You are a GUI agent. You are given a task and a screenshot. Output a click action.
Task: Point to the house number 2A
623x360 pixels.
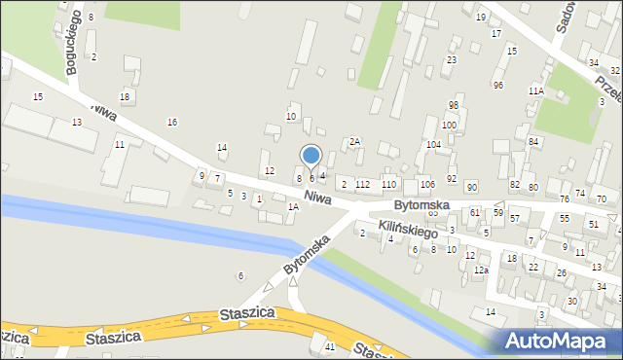pyautogui.click(x=355, y=141)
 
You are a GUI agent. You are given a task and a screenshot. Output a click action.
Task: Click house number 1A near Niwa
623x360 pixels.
pyautogui.click(x=293, y=206)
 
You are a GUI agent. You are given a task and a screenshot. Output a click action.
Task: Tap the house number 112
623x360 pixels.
pyautogui.click(x=362, y=184)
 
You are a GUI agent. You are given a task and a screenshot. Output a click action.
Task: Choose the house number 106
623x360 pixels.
pyautogui.click(x=426, y=185)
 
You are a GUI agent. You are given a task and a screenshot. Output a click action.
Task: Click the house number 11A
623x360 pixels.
pyautogui.click(x=535, y=90)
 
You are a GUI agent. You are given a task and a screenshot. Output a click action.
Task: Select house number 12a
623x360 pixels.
pyautogui.click(x=480, y=270)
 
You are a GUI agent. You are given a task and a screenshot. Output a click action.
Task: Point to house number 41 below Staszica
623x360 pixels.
pyautogui.click(x=330, y=347)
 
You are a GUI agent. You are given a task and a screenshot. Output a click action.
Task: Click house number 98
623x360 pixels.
pyautogui.click(x=453, y=105)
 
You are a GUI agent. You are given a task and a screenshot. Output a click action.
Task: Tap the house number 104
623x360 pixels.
pyautogui.click(x=432, y=144)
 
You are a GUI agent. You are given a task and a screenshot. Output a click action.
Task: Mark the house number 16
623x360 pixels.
pyautogui.click(x=172, y=122)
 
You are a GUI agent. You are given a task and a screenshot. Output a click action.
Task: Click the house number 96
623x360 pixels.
pyautogui.click(x=498, y=86)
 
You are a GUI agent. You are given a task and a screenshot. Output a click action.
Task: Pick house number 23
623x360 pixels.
pyautogui.click(x=452, y=60)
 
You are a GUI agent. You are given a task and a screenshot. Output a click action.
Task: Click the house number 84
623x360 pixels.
pyautogui.click(x=533, y=142)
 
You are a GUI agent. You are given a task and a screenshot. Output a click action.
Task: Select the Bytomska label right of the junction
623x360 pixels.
pyautogui.click(x=421, y=206)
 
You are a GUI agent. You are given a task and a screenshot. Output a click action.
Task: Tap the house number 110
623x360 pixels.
pyautogui.click(x=388, y=184)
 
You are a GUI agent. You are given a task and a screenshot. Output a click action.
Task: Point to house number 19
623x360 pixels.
pyautogui.click(x=481, y=18)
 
